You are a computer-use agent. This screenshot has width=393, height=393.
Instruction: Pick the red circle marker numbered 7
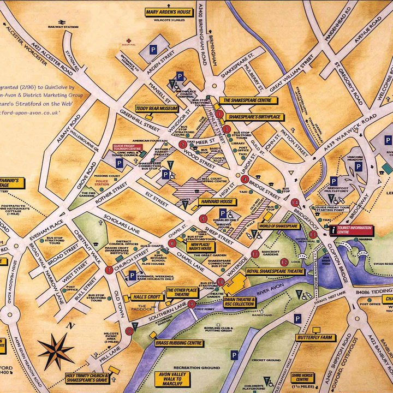109,270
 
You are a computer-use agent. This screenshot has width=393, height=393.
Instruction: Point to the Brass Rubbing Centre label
176,343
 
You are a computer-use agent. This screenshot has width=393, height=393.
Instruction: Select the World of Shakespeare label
278,225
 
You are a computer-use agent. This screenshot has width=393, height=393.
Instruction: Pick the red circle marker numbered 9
192,304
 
